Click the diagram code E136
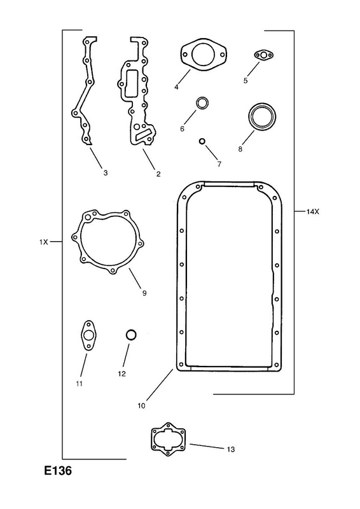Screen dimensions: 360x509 [58, 470]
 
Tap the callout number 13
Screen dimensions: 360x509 [230, 449]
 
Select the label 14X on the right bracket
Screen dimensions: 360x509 [313, 212]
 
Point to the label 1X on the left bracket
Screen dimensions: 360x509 [43, 242]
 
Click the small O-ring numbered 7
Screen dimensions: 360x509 [202, 141]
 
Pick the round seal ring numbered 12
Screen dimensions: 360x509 [131, 335]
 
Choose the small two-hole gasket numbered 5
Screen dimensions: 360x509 [264, 55]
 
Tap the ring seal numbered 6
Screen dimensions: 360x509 [202, 103]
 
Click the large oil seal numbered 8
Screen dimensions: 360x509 [262, 117]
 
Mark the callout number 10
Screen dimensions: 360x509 [142, 406]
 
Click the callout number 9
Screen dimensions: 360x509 [144, 293]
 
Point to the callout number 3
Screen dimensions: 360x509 [106, 173]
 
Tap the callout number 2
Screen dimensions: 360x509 [158, 174]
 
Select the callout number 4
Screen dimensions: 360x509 [176, 87]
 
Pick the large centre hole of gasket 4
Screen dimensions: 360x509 [203, 55]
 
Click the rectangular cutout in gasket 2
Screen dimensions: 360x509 [131, 84]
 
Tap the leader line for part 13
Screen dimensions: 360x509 [207, 446]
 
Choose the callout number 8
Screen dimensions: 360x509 [240, 149]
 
